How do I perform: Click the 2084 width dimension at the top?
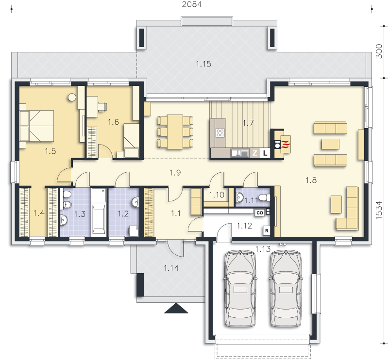pyautogui.click(x=192, y=4)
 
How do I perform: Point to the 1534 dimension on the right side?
pyautogui.click(x=379, y=210)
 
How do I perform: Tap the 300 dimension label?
pyautogui.click(x=379, y=51)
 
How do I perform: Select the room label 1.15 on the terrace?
pyautogui.click(x=203, y=64)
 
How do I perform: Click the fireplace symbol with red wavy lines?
pyautogui.click(x=286, y=144)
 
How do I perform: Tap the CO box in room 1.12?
pyautogui.click(x=260, y=213)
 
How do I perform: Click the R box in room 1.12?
pyautogui.click(x=267, y=230)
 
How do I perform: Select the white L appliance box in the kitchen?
pyautogui.click(x=265, y=153)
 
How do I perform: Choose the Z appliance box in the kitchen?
pyautogui.click(x=254, y=153)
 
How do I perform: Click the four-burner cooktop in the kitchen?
pyautogui.click(x=220, y=133)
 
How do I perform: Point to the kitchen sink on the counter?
pyautogui.click(x=239, y=153)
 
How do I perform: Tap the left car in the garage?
pyautogui.click(x=240, y=289)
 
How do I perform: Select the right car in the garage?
pyautogui.click(x=286, y=289)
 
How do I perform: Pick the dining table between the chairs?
pyautogui.click(x=175, y=132)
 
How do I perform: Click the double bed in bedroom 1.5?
pyautogui.click(x=36, y=126)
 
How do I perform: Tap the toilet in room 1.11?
pyautogui.click(x=265, y=198)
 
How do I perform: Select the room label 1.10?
pyautogui.click(x=217, y=195)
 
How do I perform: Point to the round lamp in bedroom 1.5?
pyautogui.click(x=72, y=97)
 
